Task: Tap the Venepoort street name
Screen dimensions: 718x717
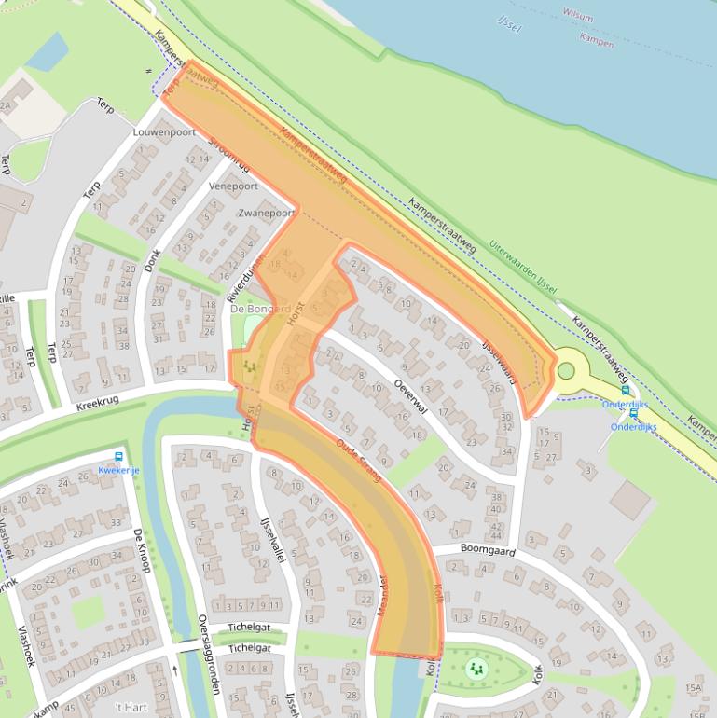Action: pos(233,186)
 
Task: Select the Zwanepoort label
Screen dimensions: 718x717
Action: pos(267,214)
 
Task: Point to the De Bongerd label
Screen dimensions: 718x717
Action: pos(261,309)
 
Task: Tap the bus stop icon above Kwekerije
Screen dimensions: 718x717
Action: pos(118,456)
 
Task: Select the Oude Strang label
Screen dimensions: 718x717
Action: pos(359,460)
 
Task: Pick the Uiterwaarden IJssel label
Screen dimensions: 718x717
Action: pos(523,266)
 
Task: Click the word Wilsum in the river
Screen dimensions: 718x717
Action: pos(578,16)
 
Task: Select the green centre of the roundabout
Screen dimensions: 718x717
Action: pos(565,371)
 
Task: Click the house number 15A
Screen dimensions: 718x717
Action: pos(692,688)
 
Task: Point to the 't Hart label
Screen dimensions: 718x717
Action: pos(130,708)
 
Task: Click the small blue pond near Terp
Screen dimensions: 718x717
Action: pos(47,52)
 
